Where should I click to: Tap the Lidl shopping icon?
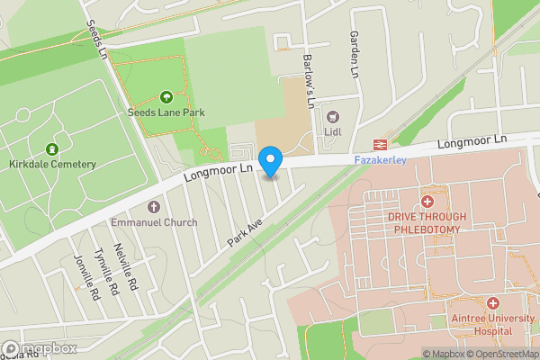(x=332, y=116)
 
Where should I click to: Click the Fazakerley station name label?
(x=376, y=159)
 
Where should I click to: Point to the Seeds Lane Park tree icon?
(x=166, y=97)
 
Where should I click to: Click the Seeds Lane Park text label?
(x=166, y=112)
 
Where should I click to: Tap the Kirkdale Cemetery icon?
(x=52, y=148)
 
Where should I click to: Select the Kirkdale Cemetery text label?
(x=52, y=164)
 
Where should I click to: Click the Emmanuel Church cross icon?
(x=154, y=207)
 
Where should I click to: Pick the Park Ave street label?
(x=244, y=230)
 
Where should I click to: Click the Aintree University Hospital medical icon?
(x=492, y=304)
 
